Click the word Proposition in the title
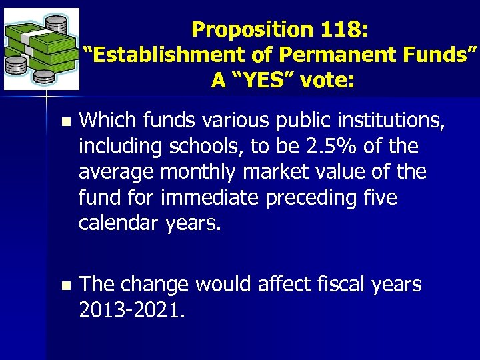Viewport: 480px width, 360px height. (243, 29)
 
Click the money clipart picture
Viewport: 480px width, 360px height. (41, 49)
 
